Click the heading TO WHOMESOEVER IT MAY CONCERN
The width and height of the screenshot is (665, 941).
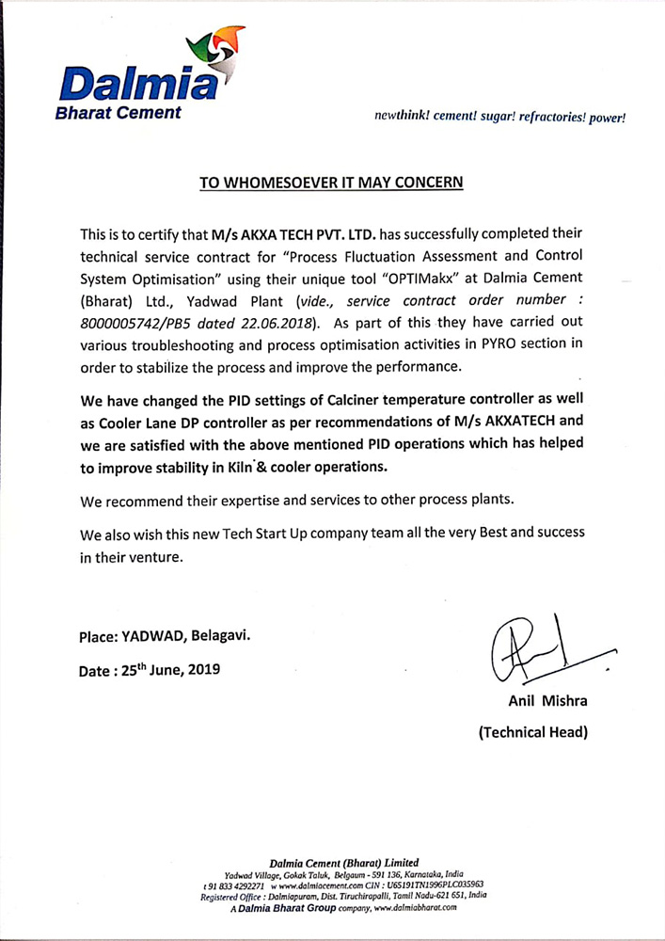[332, 182]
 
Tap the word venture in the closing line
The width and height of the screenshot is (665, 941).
[149, 556]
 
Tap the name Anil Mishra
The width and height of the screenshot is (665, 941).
[532, 701]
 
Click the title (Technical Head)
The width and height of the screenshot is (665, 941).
[533, 732]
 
